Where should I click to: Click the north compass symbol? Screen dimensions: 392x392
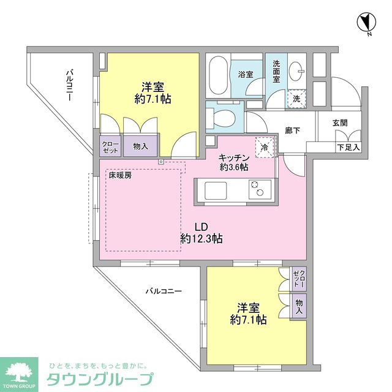click(x=366, y=23)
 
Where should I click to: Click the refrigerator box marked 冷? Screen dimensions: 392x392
click(x=265, y=147)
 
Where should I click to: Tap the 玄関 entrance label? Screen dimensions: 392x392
click(x=339, y=123)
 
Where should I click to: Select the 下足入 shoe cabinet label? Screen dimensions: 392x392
click(x=349, y=147)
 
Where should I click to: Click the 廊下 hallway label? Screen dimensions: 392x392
click(x=292, y=130)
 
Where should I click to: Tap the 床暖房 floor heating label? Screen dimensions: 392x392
click(x=120, y=175)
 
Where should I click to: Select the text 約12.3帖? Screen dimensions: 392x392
click(x=201, y=238)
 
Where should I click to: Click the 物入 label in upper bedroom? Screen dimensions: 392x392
click(x=141, y=146)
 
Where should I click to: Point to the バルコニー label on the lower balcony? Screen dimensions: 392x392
click(x=164, y=292)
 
